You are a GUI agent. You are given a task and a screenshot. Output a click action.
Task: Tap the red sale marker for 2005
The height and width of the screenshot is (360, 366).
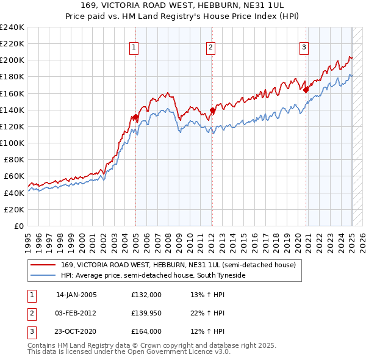[x=135, y=117]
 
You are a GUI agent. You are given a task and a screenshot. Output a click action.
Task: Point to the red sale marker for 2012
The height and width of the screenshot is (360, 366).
[x=212, y=110]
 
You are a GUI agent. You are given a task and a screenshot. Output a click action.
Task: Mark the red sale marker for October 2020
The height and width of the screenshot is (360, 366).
[x=307, y=90]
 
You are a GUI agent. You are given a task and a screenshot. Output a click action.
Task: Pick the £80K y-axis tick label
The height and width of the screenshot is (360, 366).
[x=14, y=159]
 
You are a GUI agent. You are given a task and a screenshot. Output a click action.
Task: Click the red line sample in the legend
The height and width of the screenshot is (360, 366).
[x=44, y=265]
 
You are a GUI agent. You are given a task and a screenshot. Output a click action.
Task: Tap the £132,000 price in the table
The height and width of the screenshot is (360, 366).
[x=146, y=294]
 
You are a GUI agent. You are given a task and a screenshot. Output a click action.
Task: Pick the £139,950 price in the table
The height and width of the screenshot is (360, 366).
[x=146, y=313]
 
